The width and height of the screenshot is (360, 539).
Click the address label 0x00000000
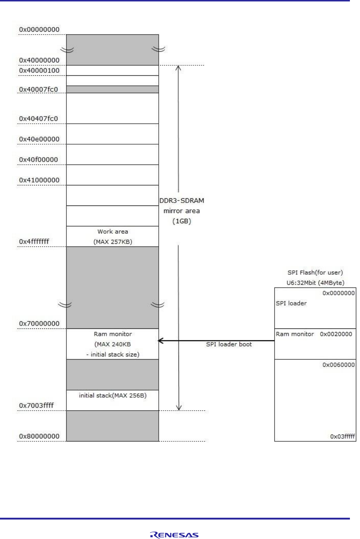click(x=39, y=30)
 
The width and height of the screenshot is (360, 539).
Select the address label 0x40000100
click(x=39, y=71)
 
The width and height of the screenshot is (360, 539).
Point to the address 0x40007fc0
click(x=38, y=89)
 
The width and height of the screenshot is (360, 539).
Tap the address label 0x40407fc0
click(x=38, y=119)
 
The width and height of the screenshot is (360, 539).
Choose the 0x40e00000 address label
click(x=39, y=139)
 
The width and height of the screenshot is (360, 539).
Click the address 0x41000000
click(x=39, y=180)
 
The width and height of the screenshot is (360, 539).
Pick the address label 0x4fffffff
click(x=34, y=242)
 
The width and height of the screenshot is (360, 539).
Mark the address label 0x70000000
click(x=39, y=324)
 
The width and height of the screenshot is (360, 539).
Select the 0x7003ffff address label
click(x=36, y=406)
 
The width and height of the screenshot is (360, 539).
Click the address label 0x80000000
click(x=39, y=436)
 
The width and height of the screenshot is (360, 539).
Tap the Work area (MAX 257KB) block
click(x=113, y=237)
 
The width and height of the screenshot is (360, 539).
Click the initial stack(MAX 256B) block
click(x=113, y=396)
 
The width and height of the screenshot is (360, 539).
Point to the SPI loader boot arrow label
click(x=229, y=344)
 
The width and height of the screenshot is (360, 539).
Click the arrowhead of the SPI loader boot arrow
click(x=160, y=340)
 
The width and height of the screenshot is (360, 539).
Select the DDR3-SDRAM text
click(x=181, y=201)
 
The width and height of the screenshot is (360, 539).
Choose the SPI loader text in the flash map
click(x=291, y=304)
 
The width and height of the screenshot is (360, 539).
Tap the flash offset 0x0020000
click(x=336, y=334)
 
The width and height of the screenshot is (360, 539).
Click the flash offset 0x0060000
click(x=338, y=365)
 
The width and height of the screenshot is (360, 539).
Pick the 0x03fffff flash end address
click(x=342, y=437)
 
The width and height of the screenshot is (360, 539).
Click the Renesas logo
click(x=174, y=535)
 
